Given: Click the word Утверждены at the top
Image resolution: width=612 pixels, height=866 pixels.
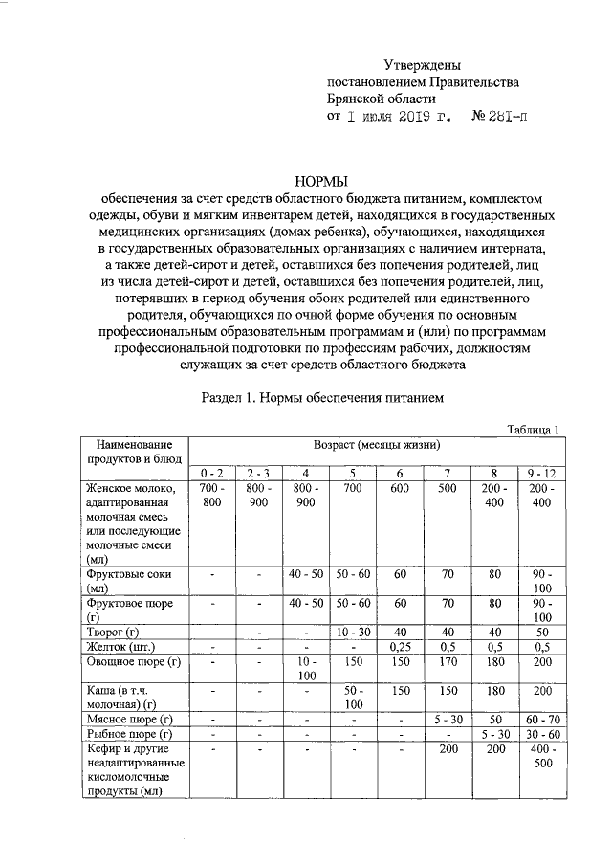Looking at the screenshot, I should pos(422,65).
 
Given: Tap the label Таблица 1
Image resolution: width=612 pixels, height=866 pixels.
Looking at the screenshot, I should pos(533,430).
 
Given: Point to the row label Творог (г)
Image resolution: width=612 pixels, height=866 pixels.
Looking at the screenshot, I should pos(113,633).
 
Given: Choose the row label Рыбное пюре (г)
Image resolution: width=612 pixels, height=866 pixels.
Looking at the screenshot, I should pos(128,733).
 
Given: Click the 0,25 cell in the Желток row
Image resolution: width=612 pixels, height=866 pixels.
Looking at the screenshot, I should pos(400,647).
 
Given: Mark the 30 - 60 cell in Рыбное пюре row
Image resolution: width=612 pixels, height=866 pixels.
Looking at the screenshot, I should pos(540,733).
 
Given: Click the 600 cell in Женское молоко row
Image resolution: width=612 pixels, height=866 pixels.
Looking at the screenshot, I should pos(400,488).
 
